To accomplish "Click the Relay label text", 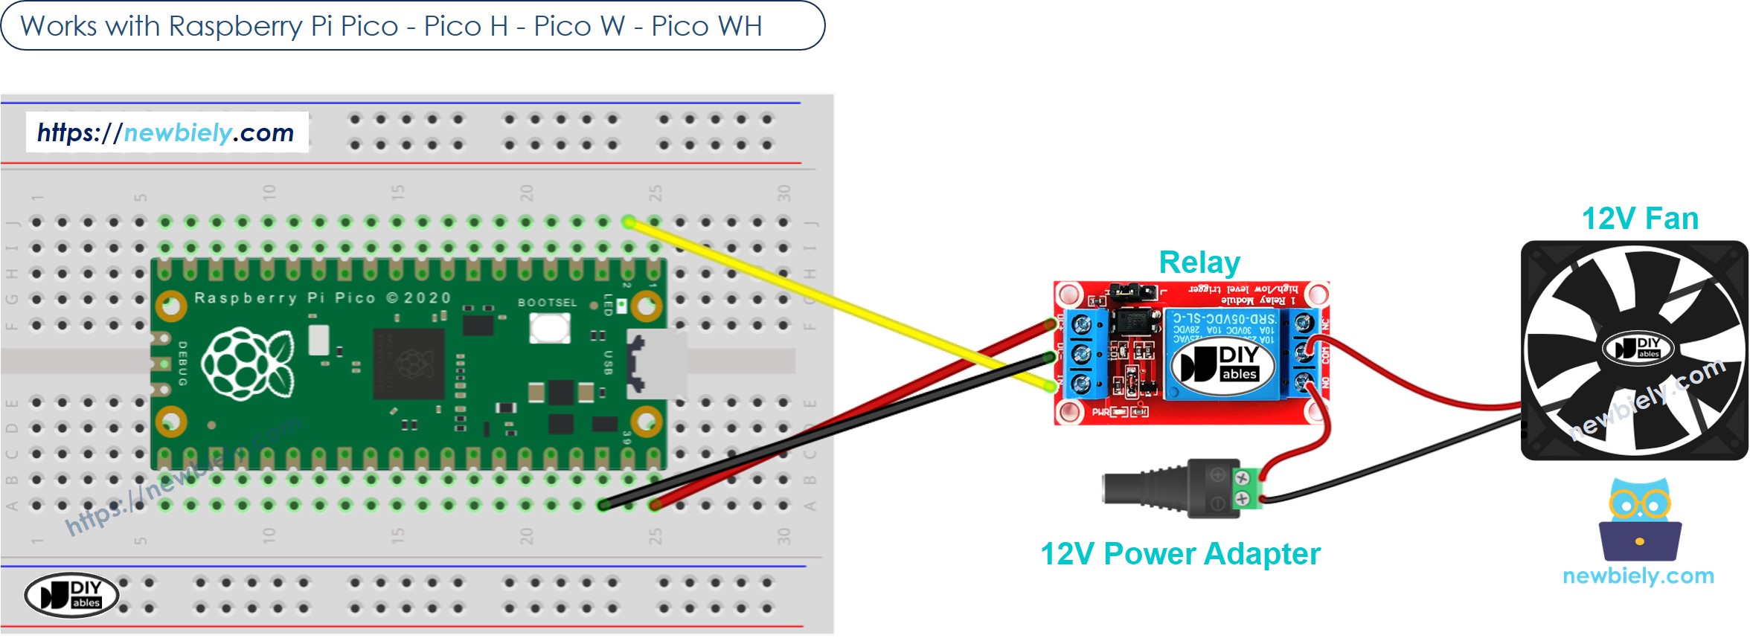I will click(x=1199, y=262).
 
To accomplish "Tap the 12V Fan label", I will click(x=1639, y=219).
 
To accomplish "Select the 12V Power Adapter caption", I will click(x=1179, y=554).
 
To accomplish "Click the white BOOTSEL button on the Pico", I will click(x=549, y=328).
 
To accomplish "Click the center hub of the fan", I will click(x=1637, y=348).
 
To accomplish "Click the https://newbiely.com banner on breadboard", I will click(x=166, y=132).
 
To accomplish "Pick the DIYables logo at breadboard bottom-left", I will click(x=71, y=595).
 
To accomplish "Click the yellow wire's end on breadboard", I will click(x=629, y=222).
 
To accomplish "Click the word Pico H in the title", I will click(x=466, y=27).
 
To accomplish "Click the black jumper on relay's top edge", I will click(x=1132, y=291).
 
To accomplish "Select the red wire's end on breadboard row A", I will click(x=655, y=506).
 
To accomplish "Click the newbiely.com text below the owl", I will click(x=1638, y=576).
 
